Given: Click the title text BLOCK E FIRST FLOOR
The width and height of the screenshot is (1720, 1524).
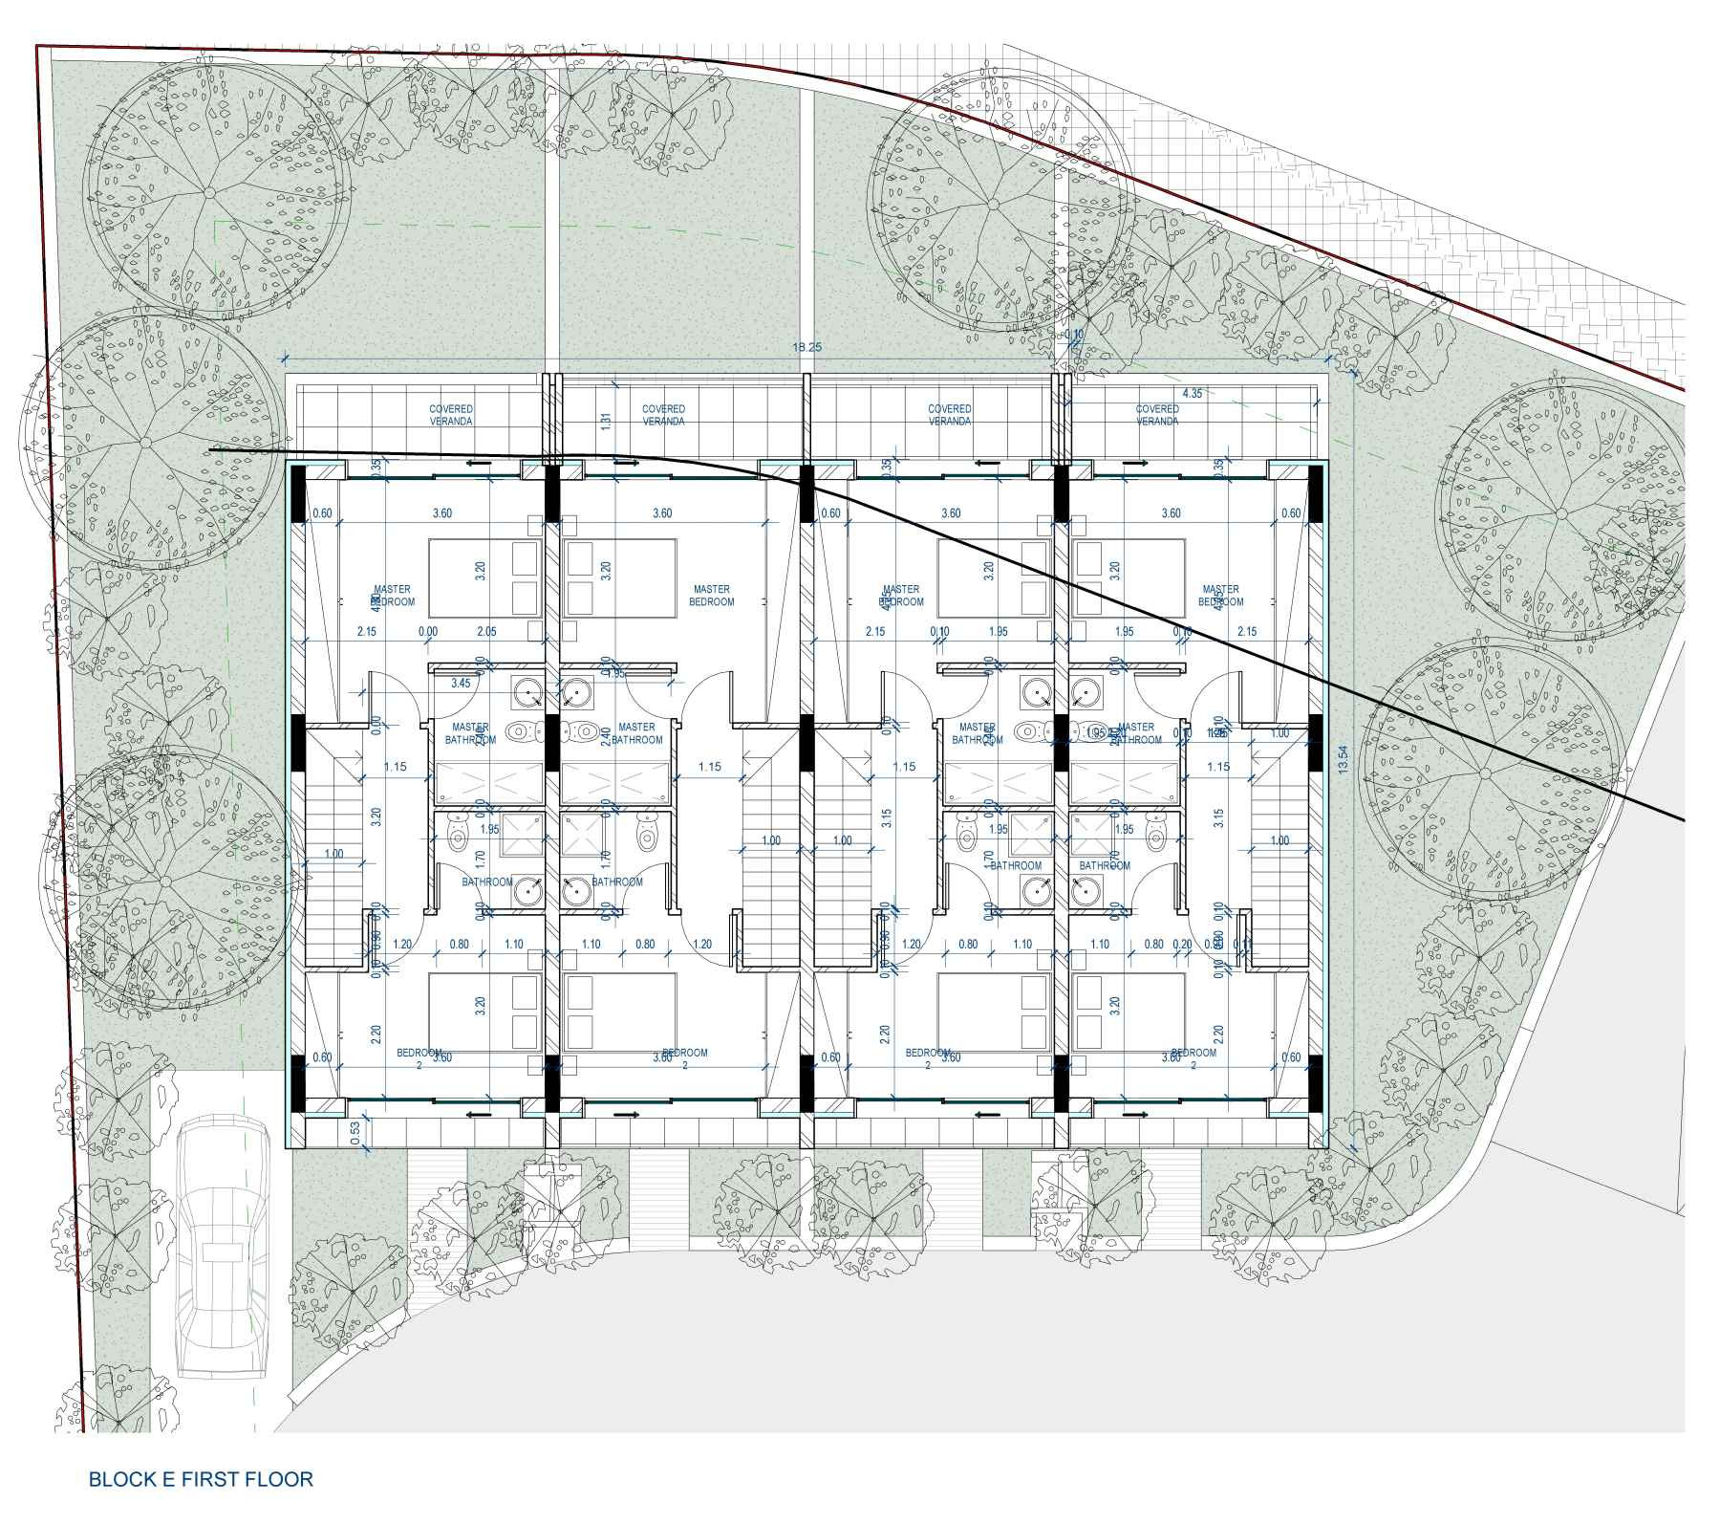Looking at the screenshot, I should pos(201,1479).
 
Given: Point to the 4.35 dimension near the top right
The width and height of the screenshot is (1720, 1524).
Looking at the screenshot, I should pos(1192,393).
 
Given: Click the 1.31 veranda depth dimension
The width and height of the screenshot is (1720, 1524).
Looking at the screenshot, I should pos(605,421).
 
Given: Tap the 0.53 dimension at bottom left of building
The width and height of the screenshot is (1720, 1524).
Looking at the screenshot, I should pos(355,1133).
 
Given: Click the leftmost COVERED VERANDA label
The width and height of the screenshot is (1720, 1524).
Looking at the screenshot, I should pos(451,415).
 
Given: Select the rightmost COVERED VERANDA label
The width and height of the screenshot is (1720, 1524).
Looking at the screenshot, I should pos(1156,415).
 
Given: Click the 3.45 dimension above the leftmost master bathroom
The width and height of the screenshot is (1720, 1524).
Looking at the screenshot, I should pos(461,683).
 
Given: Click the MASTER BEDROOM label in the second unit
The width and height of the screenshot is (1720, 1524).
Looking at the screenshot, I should pos(711,596).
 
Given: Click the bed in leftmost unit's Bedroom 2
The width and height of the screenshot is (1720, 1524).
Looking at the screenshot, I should pos(484,1012).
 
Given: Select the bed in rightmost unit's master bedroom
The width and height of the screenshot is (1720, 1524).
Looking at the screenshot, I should pos(1128,577).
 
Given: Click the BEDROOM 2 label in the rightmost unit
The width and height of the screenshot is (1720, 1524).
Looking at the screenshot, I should pos(1193,1057).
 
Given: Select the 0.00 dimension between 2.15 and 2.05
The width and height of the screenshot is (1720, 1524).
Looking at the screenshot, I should pos(427,632).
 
